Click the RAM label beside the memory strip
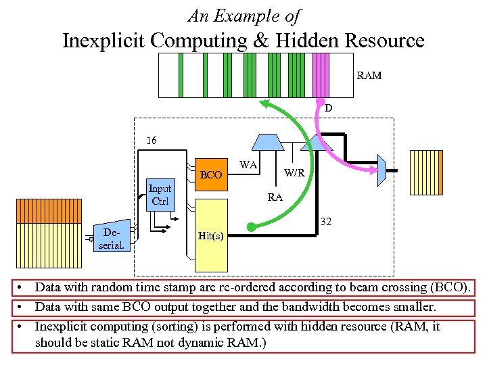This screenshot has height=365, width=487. (x=369, y=76)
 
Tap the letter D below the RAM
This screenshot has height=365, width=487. (x=328, y=108)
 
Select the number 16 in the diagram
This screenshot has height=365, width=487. (x=152, y=141)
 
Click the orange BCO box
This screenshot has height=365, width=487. (x=211, y=175)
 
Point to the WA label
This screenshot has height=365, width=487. (x=248, y=164)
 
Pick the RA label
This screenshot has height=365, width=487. (x=275, y=197)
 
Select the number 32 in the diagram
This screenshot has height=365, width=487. (x=325, y=221)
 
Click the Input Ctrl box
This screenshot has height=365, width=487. (x=160, y=195)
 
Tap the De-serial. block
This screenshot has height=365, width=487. (x=112, y=239)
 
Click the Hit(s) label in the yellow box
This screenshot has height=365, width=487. (x=211, y=236)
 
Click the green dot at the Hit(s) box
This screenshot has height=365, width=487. (x=251, y=227)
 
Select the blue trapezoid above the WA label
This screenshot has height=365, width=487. (x=267, y=141)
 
